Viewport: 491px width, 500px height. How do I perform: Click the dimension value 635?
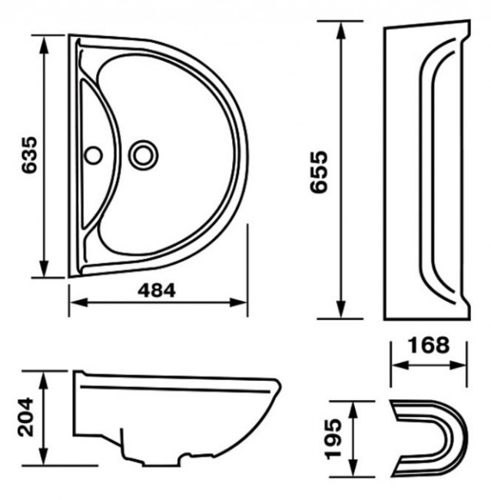(30, 155)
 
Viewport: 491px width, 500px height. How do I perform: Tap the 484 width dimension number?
(157, 291)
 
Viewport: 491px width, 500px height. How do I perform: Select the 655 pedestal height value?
(319, 172)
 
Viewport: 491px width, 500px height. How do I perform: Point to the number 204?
(25, 417)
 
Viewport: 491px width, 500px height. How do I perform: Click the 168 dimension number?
(429, 345)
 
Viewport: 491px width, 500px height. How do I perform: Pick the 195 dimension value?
(334, 438)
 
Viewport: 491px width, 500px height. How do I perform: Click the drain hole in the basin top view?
(143, 155)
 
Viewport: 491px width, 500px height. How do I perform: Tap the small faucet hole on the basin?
(93, 155)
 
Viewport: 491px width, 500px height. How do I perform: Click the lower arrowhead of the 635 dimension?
(44, 267)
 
